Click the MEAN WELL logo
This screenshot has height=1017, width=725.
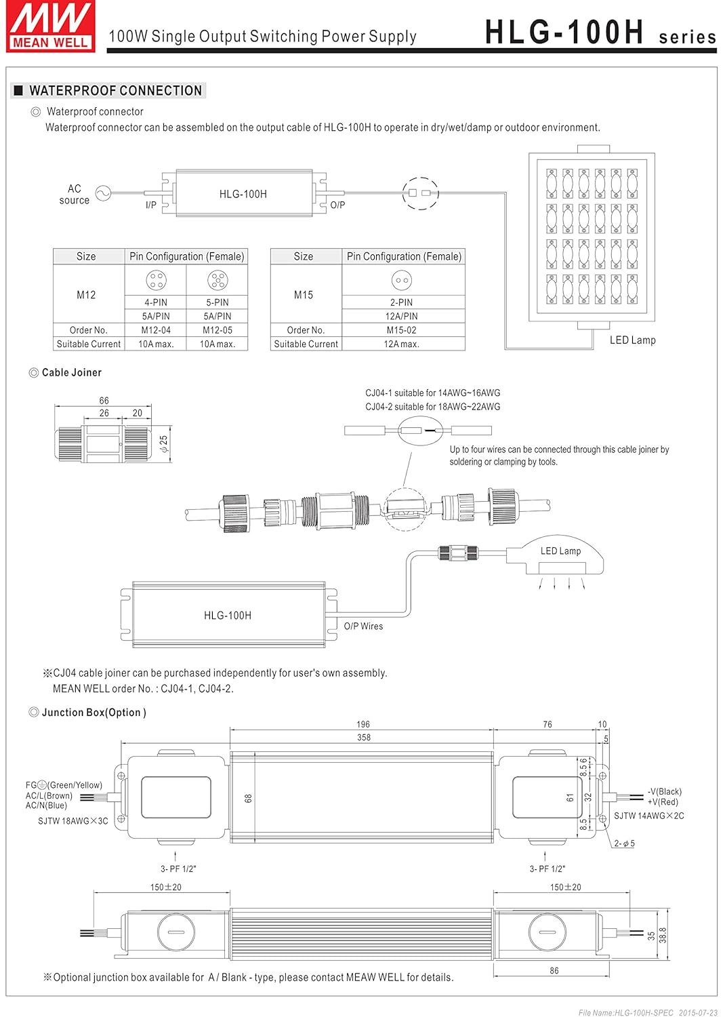[50, 26]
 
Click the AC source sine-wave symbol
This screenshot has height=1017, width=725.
[103, 194]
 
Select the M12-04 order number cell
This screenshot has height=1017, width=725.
[156, 330]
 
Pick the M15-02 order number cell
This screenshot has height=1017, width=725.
[402, 330]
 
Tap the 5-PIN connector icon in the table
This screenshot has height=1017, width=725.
[217, 279]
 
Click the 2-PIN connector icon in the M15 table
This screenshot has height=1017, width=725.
[402, 279]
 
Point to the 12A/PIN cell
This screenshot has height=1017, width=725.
[402, 316]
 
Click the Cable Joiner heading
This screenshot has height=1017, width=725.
[71, 372]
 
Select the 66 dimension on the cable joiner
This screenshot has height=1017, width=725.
[104, 401]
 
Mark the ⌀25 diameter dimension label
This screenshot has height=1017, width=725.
[163, 444]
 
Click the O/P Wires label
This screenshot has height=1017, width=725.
[363, 626]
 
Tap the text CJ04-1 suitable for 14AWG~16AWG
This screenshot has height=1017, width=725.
[432, 393]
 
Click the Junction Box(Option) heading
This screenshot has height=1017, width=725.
[94, 713]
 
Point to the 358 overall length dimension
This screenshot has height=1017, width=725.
[364, 737]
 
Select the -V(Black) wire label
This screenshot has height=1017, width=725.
[665, 791]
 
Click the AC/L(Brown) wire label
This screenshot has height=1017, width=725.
[49, 795]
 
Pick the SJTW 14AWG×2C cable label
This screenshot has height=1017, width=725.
[648, 816]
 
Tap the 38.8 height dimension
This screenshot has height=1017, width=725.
[663, 935]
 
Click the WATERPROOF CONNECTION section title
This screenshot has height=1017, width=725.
[115, 91]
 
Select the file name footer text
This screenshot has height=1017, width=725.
[648, 1012]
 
